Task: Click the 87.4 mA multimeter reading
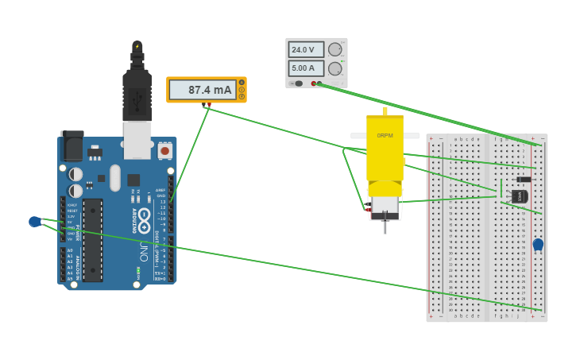(210, 90)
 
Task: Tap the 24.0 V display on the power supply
(306, 49)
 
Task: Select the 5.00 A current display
(306, 68)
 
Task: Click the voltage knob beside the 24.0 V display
(335, 49)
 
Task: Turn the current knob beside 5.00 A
(335, 68)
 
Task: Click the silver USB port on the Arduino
(137, 136)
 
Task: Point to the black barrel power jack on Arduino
(72, 146)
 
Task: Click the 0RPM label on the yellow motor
(385, 136)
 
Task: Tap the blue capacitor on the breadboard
(538, 244)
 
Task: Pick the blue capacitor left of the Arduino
(35, 222)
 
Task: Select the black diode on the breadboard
(524, 180)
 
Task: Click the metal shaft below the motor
(385, 226)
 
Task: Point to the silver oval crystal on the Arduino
(115, 177)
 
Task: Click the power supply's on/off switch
(299, 83)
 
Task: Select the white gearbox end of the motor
(385, 205)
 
